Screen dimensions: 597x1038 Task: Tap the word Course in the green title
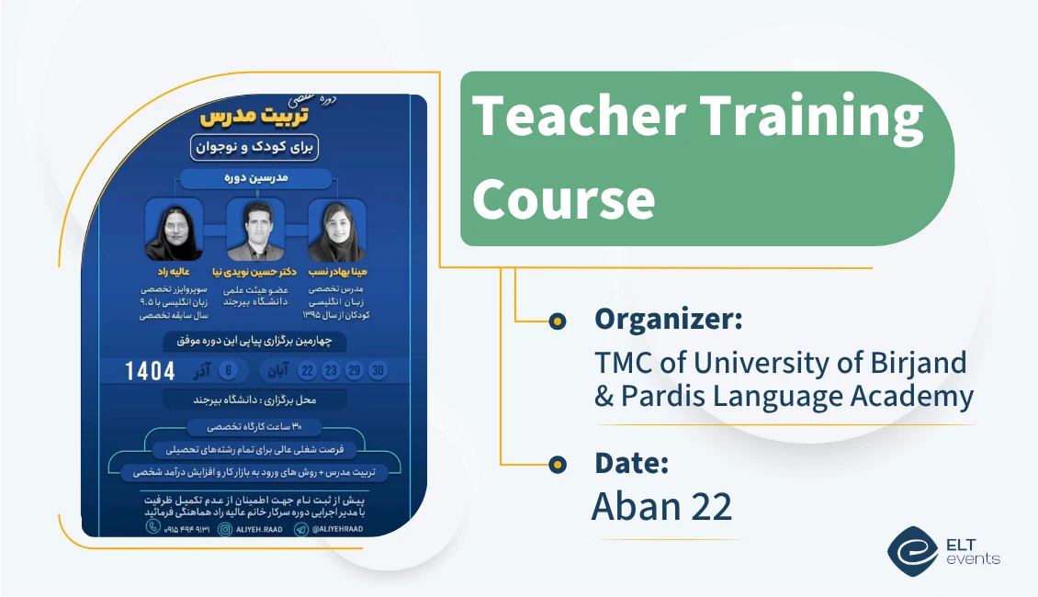(563, 197)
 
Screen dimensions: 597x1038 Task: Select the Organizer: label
(668, 320)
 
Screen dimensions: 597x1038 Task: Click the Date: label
(631, 463)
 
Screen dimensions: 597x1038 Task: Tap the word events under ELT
(976, 558)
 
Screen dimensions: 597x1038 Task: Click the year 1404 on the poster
(151, 371)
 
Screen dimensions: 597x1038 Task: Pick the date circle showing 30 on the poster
(377, 371)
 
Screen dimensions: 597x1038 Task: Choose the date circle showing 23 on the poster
(331, 371)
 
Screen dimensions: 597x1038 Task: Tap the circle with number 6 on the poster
(230, 371)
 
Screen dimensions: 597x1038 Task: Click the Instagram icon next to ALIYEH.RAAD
(228, 528)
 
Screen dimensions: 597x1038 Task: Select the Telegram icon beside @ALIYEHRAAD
(301, 528)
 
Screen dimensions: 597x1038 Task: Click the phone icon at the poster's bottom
(153, 528)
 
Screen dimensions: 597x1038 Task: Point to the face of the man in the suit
(255, 220)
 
